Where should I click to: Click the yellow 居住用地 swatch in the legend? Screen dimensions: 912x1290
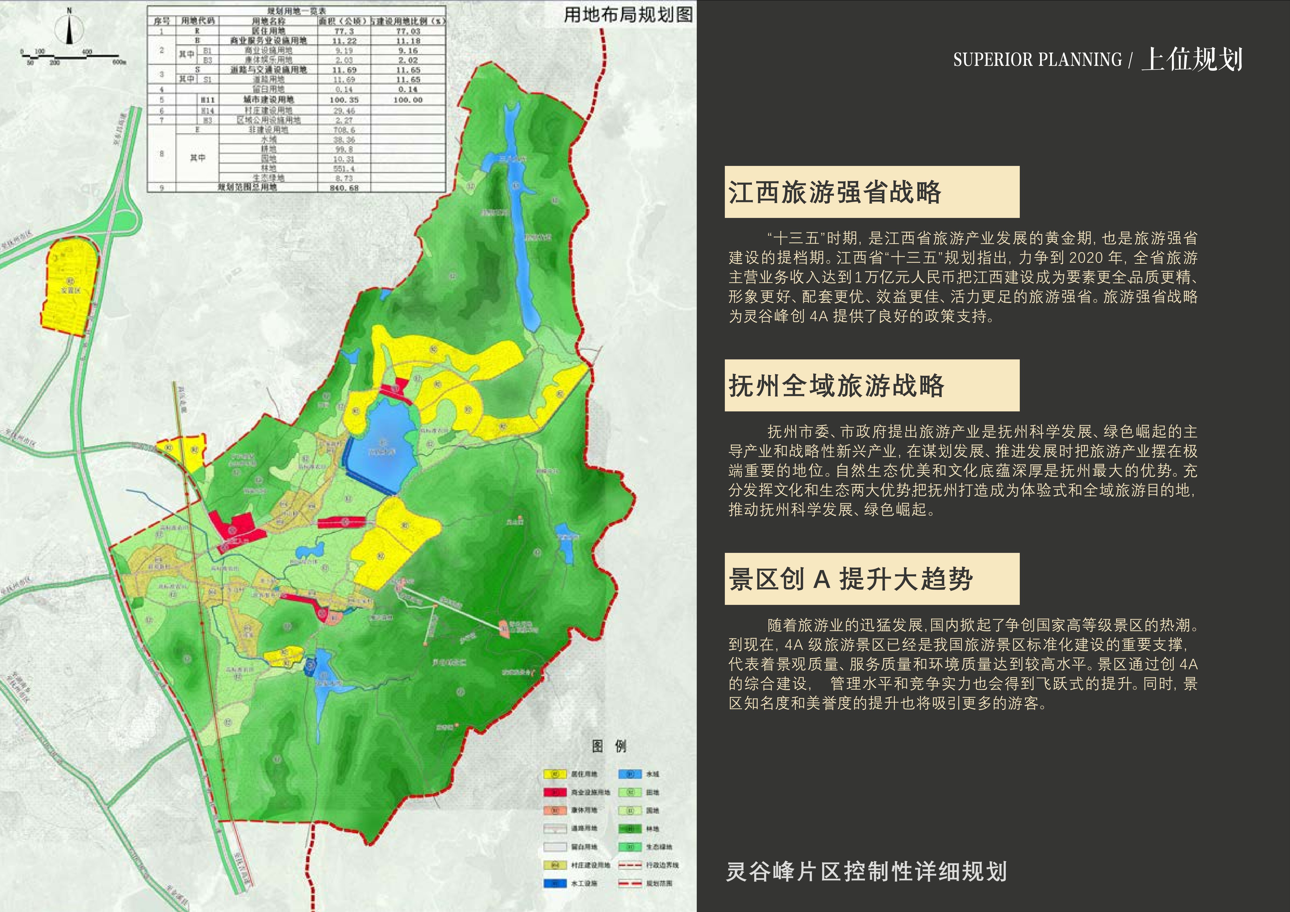pyautogui.click(x=554, y=774)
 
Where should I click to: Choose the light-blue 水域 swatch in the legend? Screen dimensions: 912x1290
pyautogui.click(x=630, y=774)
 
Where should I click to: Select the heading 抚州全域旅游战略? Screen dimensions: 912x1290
pyautogui.click(x=836, y=386)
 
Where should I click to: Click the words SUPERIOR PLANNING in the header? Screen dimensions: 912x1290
pyautogui.click(x=1037, y=60)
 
